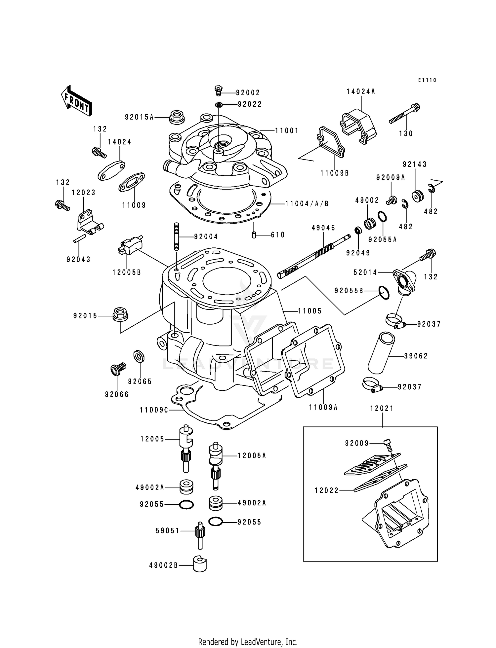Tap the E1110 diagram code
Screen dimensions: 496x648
(x=427, y=80)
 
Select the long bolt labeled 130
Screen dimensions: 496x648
(x=404, y=114)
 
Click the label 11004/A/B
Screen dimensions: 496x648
(x=307, y=204)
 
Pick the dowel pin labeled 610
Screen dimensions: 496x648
(x=254, y=235)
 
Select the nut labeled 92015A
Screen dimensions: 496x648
(x=177, y=117)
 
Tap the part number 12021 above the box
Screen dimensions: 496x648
(x=382, y=409)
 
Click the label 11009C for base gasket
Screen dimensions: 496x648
(x=154, y=410)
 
